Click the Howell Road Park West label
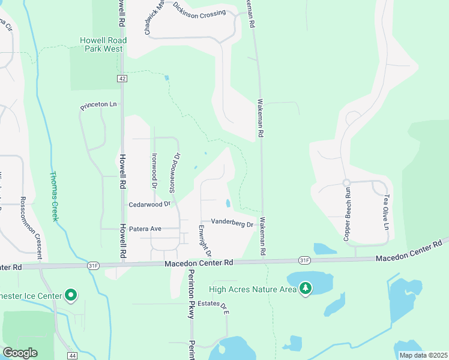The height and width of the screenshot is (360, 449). [101, 44]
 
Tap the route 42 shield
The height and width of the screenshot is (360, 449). [122, 79]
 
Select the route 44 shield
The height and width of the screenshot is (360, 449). [72, 356]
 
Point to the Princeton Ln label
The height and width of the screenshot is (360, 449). [99, 106]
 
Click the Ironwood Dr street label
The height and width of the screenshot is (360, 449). [154, 169]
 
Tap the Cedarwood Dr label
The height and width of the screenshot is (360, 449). [150, 205]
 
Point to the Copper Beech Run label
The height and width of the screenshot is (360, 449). [347, 214]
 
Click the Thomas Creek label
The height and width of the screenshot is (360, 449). [53, 194]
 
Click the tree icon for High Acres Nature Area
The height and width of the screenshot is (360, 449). [306, 289]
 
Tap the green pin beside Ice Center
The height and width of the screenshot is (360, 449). [71, 295]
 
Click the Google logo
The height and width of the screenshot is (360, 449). [20, 353]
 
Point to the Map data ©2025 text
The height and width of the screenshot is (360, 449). [423, 355]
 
